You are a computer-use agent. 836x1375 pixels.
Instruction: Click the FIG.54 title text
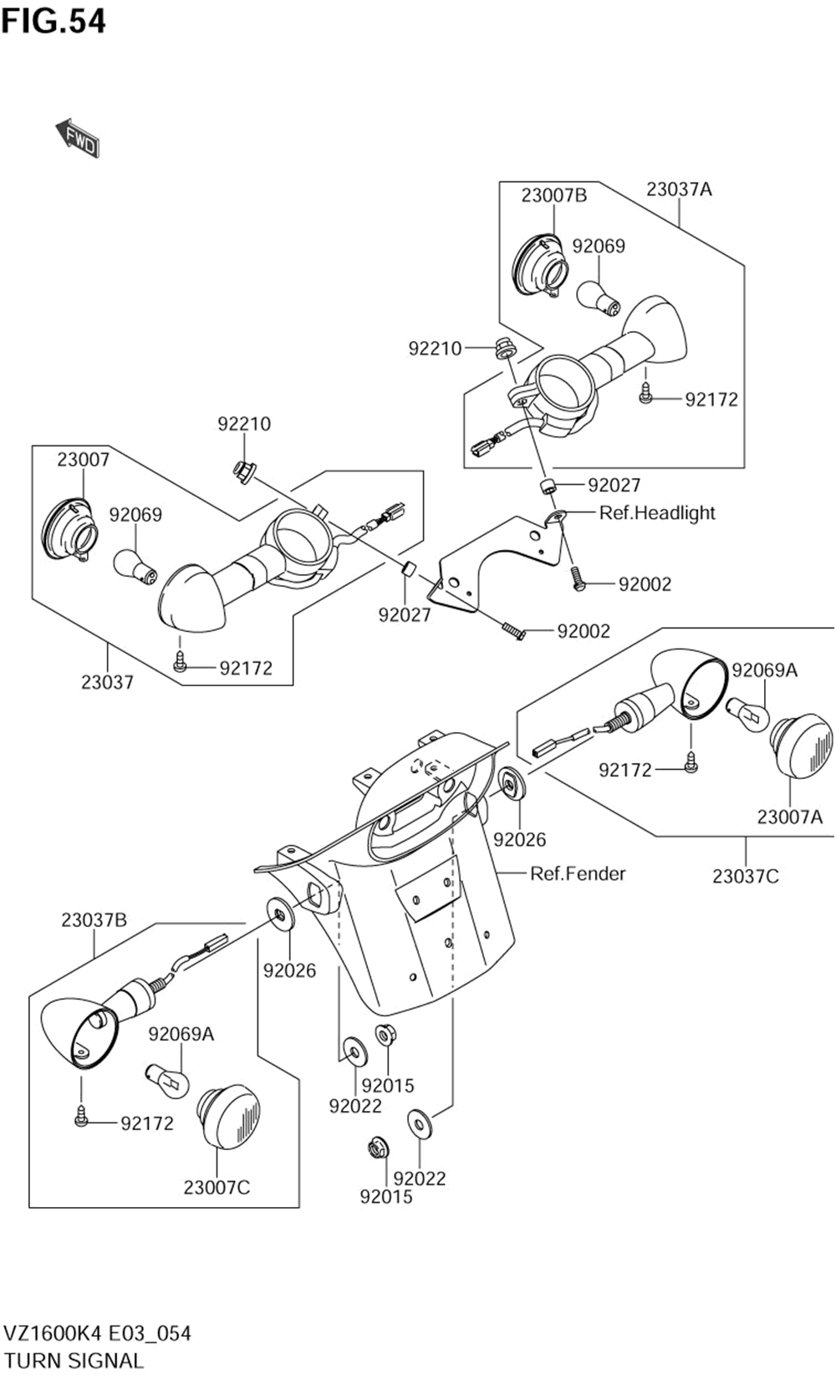coord(54,21)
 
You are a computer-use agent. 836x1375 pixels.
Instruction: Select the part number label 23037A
coord(679,190)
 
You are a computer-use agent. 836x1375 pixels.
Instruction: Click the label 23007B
coord(553,196)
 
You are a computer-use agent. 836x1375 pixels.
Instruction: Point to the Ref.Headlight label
coord(657,512)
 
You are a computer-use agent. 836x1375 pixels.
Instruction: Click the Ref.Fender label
coord(578,873)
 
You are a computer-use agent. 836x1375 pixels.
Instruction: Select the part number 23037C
coord(745,876)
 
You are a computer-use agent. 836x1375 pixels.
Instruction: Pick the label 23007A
coord(789,817)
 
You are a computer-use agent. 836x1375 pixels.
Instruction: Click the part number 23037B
coord(94,920)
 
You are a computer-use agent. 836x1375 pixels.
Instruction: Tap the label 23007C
coord(217,1187)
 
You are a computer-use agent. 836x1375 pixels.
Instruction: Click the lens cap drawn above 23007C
coord(228,1116)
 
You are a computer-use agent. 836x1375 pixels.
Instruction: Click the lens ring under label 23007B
coord(539,266)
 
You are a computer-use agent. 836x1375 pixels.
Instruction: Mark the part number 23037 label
coord(107,682)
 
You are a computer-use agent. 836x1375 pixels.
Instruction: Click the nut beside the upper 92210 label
coord(505,348)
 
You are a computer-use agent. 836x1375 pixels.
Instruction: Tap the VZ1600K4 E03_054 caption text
coord(98,1333)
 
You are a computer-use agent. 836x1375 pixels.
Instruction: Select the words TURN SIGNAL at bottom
coord(74,1360)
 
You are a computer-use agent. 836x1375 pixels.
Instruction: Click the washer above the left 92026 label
coord(280,914)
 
